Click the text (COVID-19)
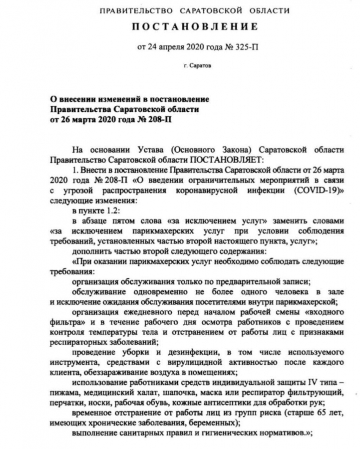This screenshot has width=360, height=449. (315, 191)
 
